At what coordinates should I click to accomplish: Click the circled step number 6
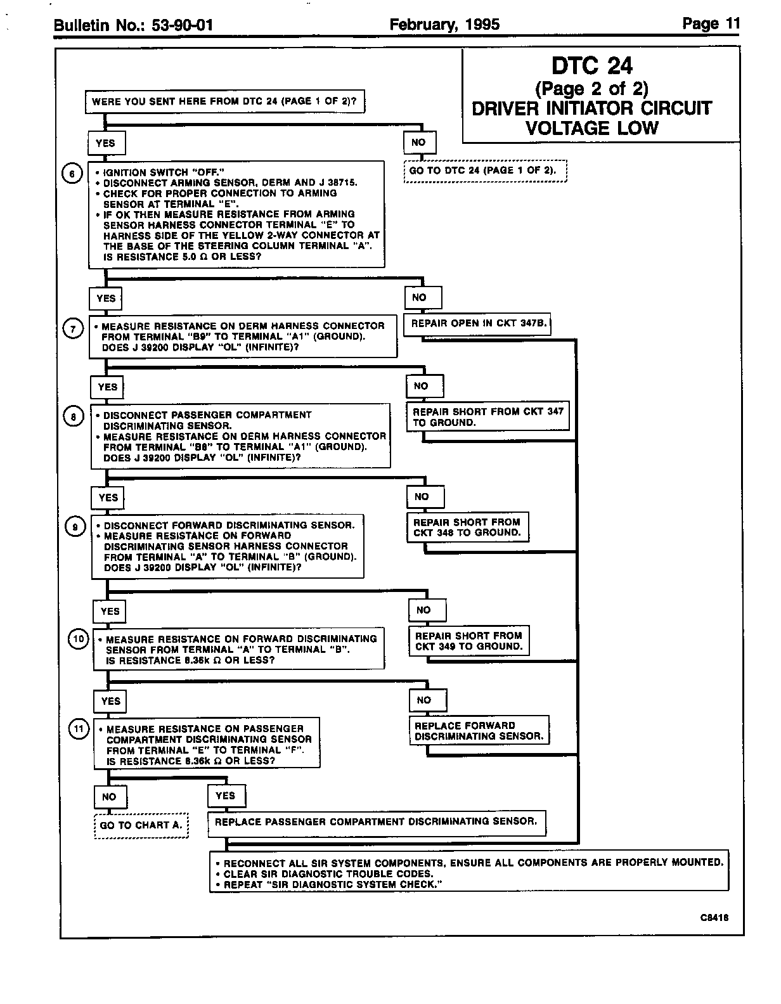pos(72,174)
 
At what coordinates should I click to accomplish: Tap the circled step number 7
pos(74,330)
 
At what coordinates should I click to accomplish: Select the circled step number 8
pos(74,416)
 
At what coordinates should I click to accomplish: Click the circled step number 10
pos(77,640)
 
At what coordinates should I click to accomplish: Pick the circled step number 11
pos(78,730)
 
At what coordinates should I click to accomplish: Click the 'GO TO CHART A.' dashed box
pos(141,825)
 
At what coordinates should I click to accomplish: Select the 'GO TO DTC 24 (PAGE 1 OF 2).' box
pos(485,171)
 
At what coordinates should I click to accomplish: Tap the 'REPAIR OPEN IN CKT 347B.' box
pos(477,324)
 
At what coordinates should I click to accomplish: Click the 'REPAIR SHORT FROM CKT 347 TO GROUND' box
pos(487,417)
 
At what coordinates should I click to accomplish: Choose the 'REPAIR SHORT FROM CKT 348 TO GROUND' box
pos(467,527)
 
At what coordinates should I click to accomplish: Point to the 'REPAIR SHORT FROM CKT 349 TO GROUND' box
pos(469,641)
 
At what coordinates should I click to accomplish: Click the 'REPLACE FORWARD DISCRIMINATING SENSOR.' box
pos(479,731)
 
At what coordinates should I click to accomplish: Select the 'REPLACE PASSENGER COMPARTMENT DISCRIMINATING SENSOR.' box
pos(377,822)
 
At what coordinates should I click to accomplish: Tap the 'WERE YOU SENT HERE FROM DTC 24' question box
pos(224,101)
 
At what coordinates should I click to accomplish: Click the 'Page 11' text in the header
pos(711,24)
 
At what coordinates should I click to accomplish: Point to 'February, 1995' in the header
pos(444,25)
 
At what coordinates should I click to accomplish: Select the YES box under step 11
pos(226,796)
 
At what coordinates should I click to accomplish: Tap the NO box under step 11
pos(109,797)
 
